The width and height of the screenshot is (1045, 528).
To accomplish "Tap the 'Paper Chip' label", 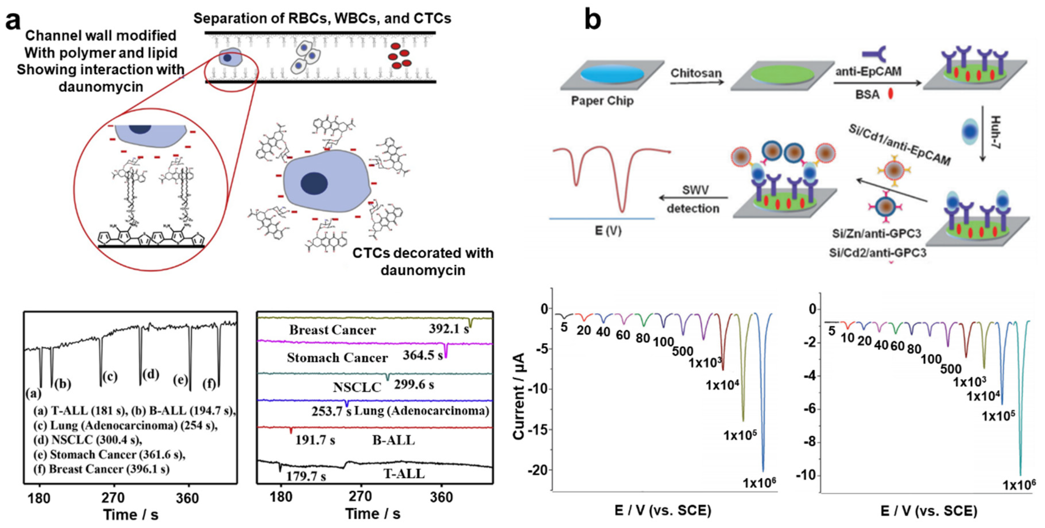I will [602, 100].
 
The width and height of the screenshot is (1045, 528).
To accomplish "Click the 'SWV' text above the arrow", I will [695, 190].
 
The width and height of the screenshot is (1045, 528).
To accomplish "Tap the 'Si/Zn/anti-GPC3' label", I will [876, 234].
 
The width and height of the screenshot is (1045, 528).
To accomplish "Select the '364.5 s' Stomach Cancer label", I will [422, 355].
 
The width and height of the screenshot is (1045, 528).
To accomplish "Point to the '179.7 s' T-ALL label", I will [306, 476].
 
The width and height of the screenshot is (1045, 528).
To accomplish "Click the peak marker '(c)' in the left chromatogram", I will [110, 377].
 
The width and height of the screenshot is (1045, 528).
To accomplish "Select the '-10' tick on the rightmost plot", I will [806, 475].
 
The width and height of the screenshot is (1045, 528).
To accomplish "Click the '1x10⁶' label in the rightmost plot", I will [1019, 485].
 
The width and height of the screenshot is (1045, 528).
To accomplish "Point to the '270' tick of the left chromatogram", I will [113, 498].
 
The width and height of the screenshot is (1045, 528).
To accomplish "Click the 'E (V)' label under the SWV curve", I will [608, 231].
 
